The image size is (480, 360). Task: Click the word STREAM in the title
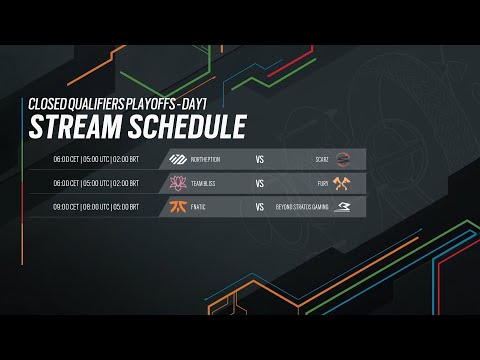click(72, 128)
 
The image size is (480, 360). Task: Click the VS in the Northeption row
click(259, 159)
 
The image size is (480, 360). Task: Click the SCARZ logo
click(343, 159)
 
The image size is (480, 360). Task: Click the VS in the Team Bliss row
click(259, 183)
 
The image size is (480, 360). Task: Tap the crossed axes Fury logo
click(343, 183)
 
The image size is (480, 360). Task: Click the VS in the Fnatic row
click(259, 207)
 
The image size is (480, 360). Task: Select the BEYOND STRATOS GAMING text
click(301, 207)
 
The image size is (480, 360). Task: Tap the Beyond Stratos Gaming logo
click(343, 207)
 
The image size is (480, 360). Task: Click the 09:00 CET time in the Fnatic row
click(67, 207)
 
